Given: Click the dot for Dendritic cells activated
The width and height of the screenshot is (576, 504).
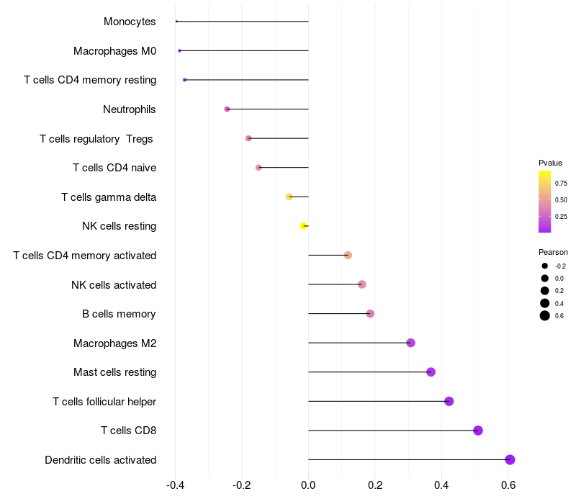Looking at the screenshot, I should pos(510,460).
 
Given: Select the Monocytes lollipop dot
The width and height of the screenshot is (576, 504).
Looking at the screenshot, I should pos(176,22).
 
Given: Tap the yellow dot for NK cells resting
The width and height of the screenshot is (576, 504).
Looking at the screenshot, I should pos(304,226).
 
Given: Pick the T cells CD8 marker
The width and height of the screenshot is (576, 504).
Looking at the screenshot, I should pos(478,431).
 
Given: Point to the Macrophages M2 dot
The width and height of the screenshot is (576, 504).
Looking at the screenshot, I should pos(410,343).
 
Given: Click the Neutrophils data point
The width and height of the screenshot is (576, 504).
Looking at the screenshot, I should pos(227,109).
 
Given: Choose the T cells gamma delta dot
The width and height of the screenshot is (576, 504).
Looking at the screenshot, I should pos(289,197).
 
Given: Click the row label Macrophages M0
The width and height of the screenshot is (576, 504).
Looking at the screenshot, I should pos(114,51).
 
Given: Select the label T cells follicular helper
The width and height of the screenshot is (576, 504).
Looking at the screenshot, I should pos(104,401).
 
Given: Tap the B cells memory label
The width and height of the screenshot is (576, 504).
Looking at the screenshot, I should pos(119,314).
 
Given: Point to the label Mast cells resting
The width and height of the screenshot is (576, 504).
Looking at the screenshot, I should pos(114,372).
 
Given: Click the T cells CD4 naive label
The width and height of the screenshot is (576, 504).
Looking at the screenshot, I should pos(114,168).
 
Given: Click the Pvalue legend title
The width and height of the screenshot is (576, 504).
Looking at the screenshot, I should pos(550,163).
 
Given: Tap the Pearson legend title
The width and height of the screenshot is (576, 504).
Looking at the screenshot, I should pos(553,252).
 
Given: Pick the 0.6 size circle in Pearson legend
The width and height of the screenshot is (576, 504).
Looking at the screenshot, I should pos(545,315).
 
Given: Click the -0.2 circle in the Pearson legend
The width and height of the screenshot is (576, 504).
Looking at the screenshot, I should pos(545,266).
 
